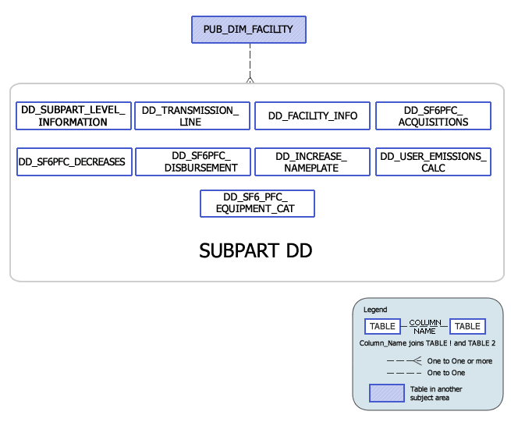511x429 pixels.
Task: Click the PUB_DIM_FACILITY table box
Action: [x=248, y=30]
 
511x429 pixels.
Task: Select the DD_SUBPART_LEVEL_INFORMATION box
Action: [x=73, y=116]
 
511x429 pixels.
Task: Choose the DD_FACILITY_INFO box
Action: [x=312, y=116]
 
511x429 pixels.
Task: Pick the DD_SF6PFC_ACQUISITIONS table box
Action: [x=433, y=116]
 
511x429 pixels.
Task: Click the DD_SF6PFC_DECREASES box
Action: [x=73, y=162]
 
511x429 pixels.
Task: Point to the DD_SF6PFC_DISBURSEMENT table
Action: [x=193, y=162]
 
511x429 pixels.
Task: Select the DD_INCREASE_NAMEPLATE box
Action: [x=312, y=162]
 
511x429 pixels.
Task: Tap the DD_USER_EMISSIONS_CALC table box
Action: [x=433, y=162]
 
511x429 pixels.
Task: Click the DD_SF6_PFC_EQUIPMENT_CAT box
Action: [x=257, y=204]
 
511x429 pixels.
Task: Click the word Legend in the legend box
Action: [x=375, y=310]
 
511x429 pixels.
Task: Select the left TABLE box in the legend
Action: [x=382, y=326]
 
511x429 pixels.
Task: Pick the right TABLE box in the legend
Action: [x=467, y=326]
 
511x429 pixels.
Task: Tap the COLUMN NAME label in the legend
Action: [x=425, y=326]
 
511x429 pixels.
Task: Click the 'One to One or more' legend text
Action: [x=460, y=361]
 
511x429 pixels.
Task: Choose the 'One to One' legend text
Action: [x=445, y=373]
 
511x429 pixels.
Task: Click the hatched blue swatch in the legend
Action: [x=386, y=393]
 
